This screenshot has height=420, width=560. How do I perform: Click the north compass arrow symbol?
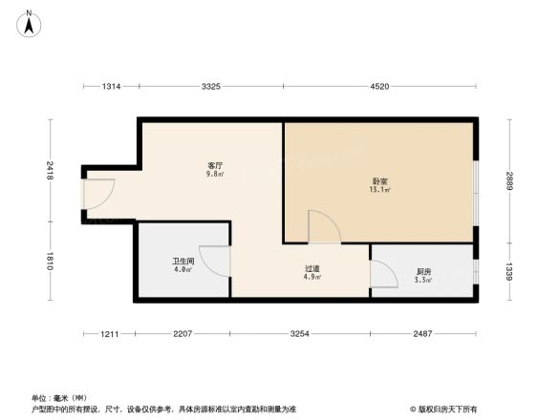[29, 24]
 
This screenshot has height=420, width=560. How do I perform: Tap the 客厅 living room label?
[215, 167]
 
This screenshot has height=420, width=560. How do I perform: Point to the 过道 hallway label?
[312, 271]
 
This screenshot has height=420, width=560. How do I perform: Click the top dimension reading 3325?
[211, 87]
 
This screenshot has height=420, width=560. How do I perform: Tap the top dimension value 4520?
[379, 87]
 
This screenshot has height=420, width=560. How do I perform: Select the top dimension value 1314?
[112, 87]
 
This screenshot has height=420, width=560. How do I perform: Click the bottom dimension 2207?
[183, 333]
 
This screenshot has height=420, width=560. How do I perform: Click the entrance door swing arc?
[98, 196]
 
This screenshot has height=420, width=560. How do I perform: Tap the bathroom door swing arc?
[214, 262]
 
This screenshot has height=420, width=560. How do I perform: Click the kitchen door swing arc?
[384, 273]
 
